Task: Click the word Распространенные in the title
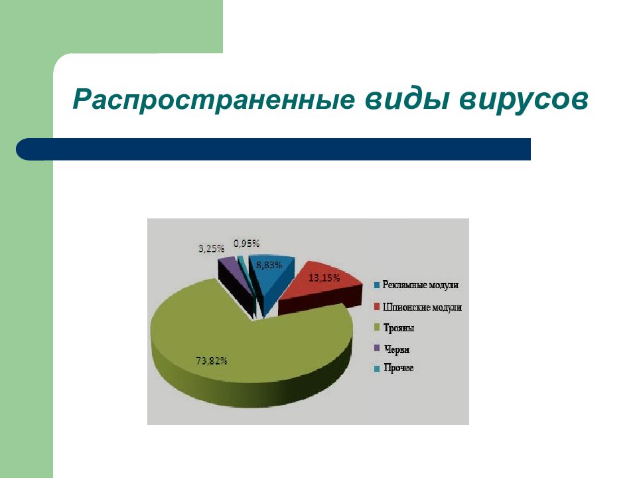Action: [x=214, y=100]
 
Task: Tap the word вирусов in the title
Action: [x=524, y=100]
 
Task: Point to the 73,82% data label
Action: [x=211, y=360]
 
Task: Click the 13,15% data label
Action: [x=324, y=278]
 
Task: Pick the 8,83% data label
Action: [x=269, y=265]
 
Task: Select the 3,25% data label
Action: [x=211, y=248]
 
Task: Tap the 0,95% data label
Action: [x=246, y=244]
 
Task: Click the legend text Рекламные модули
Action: [x=421, y=285]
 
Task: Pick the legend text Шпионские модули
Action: [x=422, y=307]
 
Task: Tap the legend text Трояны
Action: [x=399, y=327]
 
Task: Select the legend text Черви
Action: [x=397, y=349]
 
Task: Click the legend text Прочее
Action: [x=399, y=368]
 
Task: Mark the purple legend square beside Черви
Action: [x=377, y=349]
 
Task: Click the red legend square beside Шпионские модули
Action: [x=377, y=306]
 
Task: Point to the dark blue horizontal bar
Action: [x=273, y=149]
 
